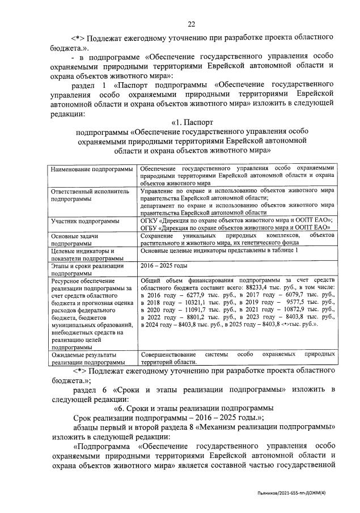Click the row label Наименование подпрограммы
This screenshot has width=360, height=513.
pos(92,169)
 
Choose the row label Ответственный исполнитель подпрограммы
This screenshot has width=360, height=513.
pos(90,196)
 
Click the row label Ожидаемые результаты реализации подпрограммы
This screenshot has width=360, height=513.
pos(88,357)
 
